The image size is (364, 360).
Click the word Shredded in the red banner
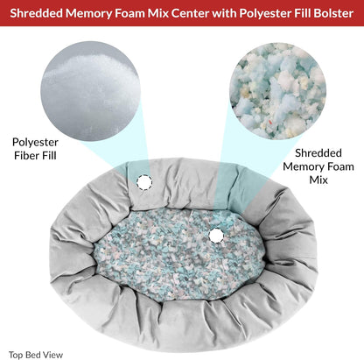click(x=36, y=13)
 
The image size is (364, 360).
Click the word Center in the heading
click(x=190, y=13)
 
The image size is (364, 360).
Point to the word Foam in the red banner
click(x=130, y=13)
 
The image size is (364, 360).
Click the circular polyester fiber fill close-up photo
click(x=91, y=91)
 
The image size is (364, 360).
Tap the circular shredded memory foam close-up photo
click(x=278, y=91)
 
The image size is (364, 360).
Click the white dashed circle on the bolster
click(x=144, y=182)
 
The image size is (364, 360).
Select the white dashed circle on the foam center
click(x=216, y=236)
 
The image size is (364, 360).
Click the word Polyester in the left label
click(x=35, y=143)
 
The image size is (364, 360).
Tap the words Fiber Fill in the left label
click(x=35, y=156)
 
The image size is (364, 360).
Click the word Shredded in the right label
click(x=318, y=153)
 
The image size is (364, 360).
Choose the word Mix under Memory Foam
click(x=318, y=180)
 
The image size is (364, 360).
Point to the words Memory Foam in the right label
click(x=318, y=167)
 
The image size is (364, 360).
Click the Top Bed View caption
click(x=36, y=355)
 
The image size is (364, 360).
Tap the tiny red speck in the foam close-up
click(x=271, y=121)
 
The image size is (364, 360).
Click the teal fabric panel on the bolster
click(x=233, y=186)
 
